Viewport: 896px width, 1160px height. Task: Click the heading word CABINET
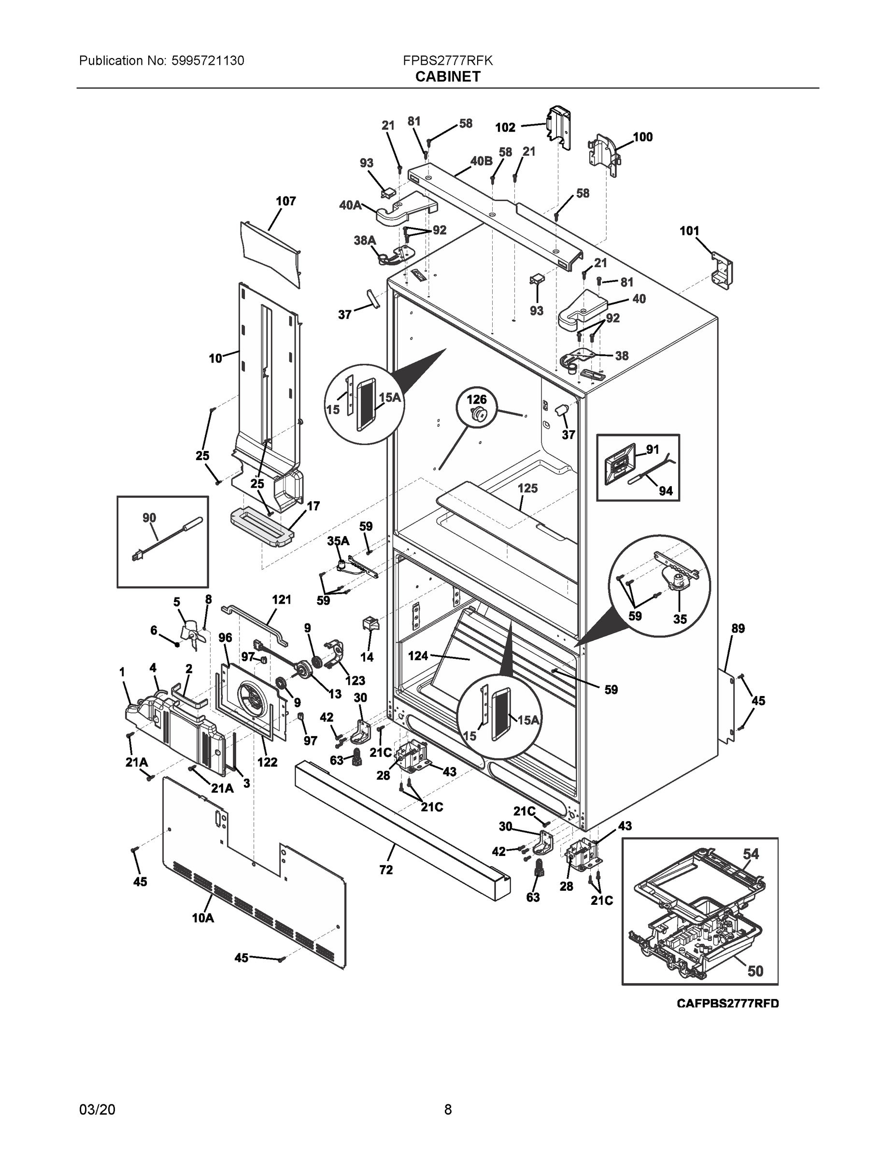pyautogui.click(x=447, y=77)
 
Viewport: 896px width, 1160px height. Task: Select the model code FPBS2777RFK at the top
pyautogui.click(x=447, y=61)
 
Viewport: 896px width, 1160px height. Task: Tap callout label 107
pyautogui.click(x=285, y=201)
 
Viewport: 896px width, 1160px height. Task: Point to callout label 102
pyautogui.click(x=505, y=128)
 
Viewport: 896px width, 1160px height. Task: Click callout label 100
pyautogui.click(x=642, y=137)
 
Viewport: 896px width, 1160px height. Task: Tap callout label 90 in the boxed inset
pyautogui.click(x=149, y=517)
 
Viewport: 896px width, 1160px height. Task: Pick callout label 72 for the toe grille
pyautogui.click(x=386, y=870)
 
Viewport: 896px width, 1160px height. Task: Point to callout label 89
pyautogui.click(x=738, y=628)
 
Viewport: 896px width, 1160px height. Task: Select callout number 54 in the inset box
pyautogui.click(x=751, y=854)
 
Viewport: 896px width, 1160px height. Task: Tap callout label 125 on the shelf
pyautogui.click(x=527, y=488)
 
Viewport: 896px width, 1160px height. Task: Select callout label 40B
pyautogui.click(x=481, y=161)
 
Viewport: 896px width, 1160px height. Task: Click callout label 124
pyautogui.click(x=418, y=656)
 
